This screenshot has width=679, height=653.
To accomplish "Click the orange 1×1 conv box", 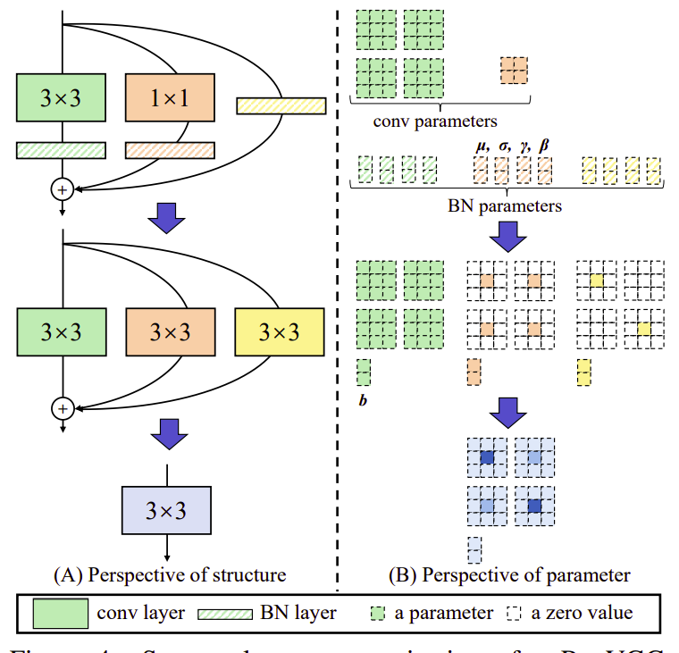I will [x=171, y=98].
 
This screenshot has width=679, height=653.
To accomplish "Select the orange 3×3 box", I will [x=171, y=331].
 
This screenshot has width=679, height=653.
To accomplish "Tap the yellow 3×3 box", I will [x=279, y=331].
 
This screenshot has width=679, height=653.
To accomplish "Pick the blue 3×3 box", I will [x=166, y=510].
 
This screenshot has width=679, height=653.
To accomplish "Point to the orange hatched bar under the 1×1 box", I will [x=170, y=150].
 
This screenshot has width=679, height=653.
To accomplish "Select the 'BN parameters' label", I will [x=504, y=205].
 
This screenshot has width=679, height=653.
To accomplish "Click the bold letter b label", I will [x=363, y=400].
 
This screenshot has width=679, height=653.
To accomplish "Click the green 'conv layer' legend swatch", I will [x=61, y=613].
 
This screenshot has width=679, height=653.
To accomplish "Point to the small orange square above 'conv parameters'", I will [x=514, y=69].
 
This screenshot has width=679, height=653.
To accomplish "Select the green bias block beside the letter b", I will [x=363, y=371].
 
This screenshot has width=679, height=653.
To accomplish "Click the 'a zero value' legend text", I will [x=580, y=613].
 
